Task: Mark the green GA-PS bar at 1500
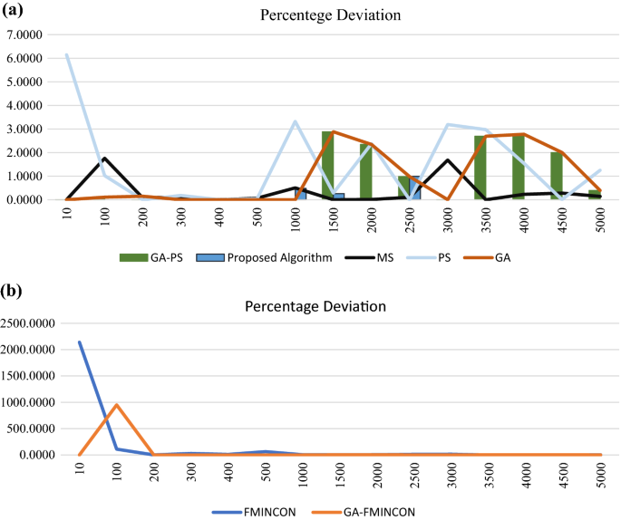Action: (327, 165)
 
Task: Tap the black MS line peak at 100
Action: (104, 158)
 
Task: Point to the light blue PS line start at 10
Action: (66, 54)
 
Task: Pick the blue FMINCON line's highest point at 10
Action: (80, 342)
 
